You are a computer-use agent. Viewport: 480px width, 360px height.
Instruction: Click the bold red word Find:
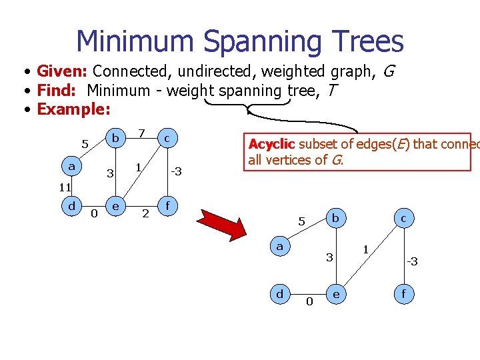[57, 90]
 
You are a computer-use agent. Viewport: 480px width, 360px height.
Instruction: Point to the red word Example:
[73, 109]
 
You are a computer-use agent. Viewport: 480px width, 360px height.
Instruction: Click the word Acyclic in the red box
[271, 144]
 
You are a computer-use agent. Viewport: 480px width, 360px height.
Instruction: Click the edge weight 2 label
[145, 214]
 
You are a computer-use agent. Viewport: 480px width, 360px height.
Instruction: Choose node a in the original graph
[71, 164]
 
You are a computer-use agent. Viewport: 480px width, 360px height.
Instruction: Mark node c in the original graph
[167, 138]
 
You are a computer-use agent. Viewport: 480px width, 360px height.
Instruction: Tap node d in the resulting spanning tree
[280, 293]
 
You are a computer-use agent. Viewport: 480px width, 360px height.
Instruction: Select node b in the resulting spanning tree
[336, 218]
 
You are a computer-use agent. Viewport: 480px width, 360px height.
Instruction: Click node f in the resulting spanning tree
[403, 293]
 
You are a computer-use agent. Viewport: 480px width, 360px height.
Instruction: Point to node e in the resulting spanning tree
[336, 293]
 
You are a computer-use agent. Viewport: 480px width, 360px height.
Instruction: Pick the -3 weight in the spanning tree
[412, 261]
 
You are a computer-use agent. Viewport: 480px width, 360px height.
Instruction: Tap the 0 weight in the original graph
[94, 213]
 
